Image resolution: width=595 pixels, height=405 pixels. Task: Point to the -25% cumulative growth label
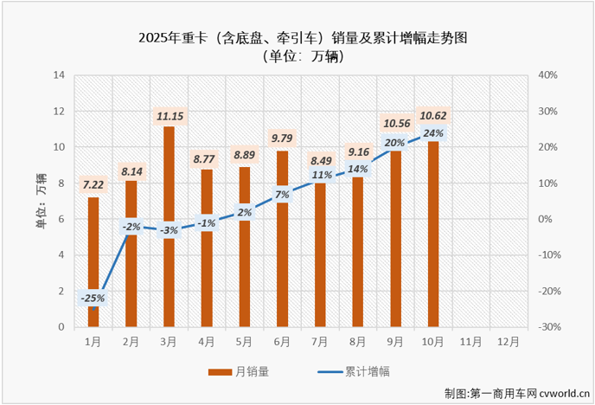pyautogui.click(x=93, y=299)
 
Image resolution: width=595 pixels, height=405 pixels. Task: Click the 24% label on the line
pyautogui.click(x=433, y=133)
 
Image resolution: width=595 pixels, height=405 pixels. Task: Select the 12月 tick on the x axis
pyautogui.click(x=509, y=341)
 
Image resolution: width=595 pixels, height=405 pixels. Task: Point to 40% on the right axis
pyautogui.click(x=549, y=75)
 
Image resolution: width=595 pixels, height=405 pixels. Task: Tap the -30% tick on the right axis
pyautogui.click(x=549, y=327)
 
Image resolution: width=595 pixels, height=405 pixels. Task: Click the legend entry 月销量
pyautogui.click(x=242, y=371)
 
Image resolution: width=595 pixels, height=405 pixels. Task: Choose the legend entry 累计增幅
pyautogui.click(x=355, y=371)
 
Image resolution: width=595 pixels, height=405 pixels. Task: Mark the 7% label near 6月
pyautogui.click(x=282, y=195)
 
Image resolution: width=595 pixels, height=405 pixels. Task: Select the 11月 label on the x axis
pyautogui.click(x=470, y=341)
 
